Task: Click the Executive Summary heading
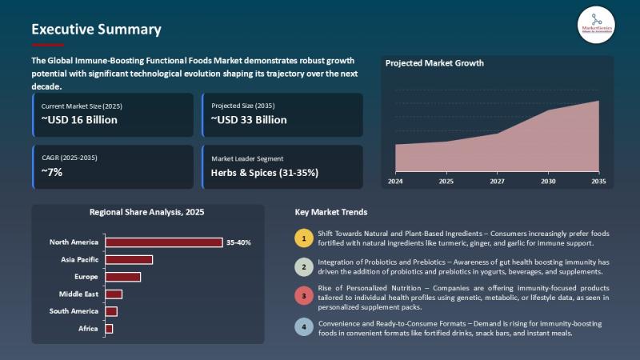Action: click(96, 30)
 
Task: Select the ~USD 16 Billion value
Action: click(79, 120)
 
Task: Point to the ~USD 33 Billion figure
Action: click(249, 120)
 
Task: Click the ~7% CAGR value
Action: click(53, 172)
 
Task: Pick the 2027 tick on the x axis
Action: click(497, 182)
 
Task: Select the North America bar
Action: click(164, 242)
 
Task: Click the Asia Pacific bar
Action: click(129, 259)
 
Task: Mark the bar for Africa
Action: click(109, 329)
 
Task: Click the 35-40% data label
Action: click(238, 242)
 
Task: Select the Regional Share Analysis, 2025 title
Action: click(147, 213)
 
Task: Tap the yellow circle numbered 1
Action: click(303, 238)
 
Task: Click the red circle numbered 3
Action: click(303, 297)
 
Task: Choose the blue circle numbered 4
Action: click(303, 327)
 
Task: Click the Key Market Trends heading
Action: click(331, 213)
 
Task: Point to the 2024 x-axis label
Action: click(395, 182)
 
